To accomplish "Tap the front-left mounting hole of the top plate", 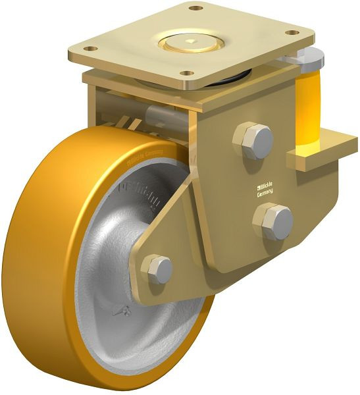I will tap(93, 49).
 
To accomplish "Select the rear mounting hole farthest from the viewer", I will tap(195, 9).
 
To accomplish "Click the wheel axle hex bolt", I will tap(158, 269).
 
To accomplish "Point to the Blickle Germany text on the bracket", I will tap(267, 187).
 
